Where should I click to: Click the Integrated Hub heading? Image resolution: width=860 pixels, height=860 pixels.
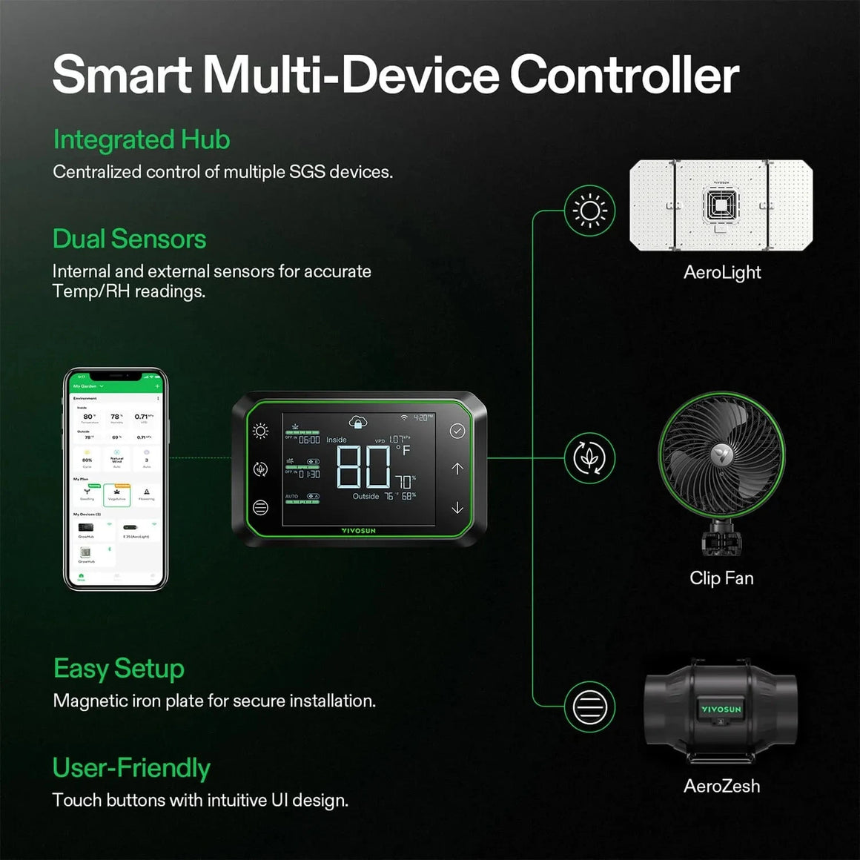(x=141, y=139)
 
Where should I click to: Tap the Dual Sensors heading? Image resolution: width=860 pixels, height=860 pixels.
(x=129, y=239)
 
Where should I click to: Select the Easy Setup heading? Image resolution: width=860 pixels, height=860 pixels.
(x=119, y=669)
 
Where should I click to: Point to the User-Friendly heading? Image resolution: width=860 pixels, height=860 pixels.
(x=131, y=768)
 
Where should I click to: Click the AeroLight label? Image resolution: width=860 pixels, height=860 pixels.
(x=722, y=272)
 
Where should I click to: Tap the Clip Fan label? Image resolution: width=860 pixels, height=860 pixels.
(x=721, y=578)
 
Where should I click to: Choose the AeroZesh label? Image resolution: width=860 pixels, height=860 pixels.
(x=721, y=786)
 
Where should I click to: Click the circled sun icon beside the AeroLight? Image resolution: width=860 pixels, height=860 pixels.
(x=589, y=211)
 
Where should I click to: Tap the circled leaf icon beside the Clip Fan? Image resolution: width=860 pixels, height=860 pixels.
(x=589, y=458)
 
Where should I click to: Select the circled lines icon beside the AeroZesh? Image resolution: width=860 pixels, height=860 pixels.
(x=589, y=707)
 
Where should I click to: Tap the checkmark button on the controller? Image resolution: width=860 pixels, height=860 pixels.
(x=457, y=431)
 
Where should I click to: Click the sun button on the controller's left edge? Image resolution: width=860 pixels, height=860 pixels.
(x=260, y=431)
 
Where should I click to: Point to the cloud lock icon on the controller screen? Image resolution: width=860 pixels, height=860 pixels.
(x=358, y=422)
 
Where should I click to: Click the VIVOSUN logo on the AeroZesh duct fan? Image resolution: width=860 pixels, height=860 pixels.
(x=721, y=709)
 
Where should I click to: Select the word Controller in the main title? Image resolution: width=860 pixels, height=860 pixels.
(x=624, y=75)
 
